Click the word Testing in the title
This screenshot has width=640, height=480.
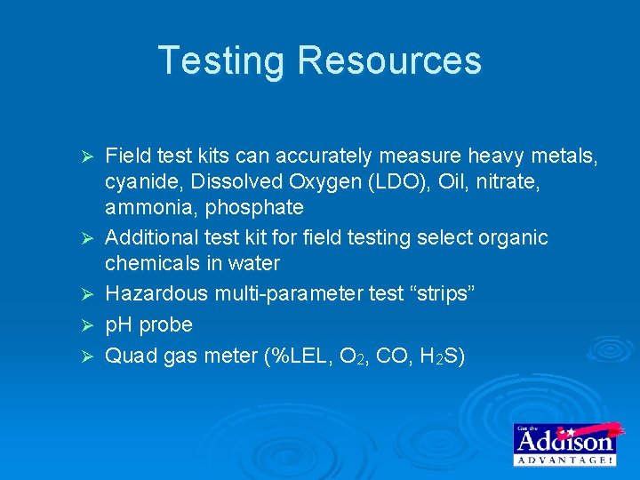click(223, 60)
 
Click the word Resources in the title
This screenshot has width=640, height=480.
click(389, 60)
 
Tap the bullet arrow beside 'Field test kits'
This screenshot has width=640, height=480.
click(87, 158)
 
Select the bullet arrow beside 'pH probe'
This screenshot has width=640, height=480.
click(87, 325)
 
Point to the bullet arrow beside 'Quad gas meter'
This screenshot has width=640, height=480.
click(87, 356)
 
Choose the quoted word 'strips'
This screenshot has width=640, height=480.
click(444, 294)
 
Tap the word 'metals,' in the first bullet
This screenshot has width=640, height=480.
click(564, 157)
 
